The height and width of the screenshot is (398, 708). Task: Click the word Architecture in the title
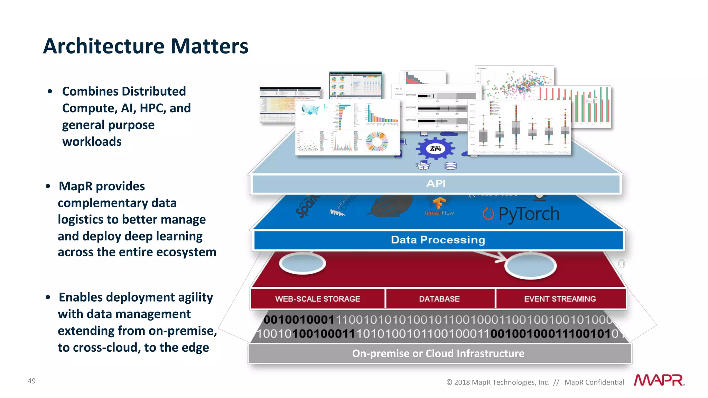[104, 46]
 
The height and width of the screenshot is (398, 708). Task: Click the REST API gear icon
[435, 149]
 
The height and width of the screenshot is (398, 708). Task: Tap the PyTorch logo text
[529, 214]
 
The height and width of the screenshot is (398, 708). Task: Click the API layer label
[436, 184]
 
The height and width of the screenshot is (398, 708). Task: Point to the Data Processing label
[438, 240]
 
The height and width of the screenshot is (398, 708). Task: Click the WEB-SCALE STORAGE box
[317, 299]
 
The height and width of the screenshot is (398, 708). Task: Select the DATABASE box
[439, 299]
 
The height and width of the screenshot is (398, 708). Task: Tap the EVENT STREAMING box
[560, 299]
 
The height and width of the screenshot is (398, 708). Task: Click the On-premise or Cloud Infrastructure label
[438, 353]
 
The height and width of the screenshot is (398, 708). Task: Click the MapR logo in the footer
[659, 380]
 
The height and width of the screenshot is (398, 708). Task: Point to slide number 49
[31, 381]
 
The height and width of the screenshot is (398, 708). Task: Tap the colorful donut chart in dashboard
[377, 142]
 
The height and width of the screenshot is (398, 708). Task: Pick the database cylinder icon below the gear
[450, 166]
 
